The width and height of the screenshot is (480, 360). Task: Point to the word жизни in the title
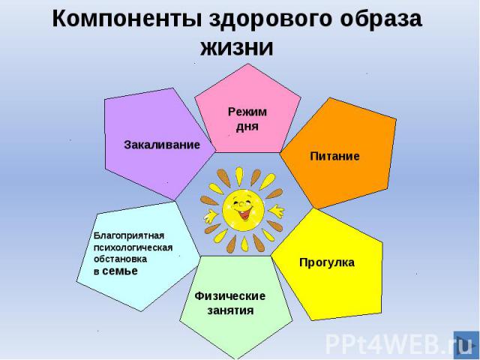[237, 48]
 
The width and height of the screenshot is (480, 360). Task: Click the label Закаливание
[162, 145]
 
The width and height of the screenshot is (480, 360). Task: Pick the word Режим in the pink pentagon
[247, 112]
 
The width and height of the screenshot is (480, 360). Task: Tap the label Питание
[335, 156]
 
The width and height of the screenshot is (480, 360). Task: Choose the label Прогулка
[327, 262]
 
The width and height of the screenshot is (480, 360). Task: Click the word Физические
[230, 296]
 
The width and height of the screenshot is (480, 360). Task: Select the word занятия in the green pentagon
[230, 310]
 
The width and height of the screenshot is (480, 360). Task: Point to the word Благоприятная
[129, 235]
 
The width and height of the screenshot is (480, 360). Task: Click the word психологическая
[133, 247]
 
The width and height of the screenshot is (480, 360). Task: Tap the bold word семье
[120, 271]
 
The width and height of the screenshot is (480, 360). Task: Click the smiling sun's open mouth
[244, 214]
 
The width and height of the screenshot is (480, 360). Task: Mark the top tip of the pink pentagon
[248, 64]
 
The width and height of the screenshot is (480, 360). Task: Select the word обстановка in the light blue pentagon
[120, 259]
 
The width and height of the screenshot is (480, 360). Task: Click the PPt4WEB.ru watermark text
[388, 344]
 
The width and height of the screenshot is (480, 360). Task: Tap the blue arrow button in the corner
[466, 344]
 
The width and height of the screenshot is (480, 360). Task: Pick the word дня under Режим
[247, 127]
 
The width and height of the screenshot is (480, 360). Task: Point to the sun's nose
[241, 203]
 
